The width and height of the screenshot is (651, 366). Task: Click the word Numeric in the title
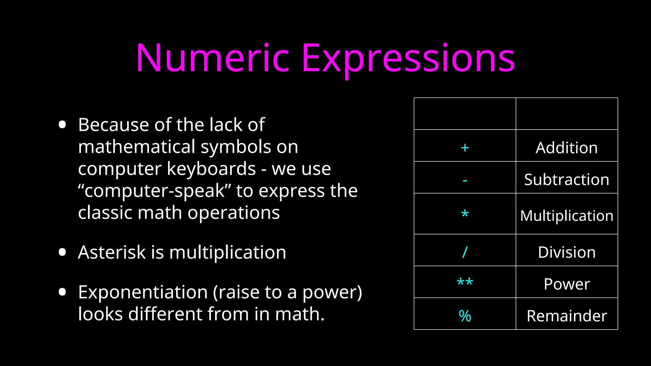point(212,58)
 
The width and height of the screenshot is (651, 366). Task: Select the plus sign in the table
point(465,148)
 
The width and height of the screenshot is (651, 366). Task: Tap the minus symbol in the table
point(465,180)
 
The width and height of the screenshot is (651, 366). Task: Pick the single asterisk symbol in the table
point(465,214)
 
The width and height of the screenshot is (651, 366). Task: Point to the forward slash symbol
point(465,252)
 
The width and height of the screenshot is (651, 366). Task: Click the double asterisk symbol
point(465,282)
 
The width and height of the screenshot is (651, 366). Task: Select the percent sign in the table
point(465,316)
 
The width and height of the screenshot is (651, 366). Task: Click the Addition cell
point(566,148)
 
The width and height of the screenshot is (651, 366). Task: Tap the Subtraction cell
point(566,180)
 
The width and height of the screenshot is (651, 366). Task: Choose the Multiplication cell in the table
point(566,216)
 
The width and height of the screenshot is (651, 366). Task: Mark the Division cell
point(566,252)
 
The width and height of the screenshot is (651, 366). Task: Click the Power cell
point(566,284)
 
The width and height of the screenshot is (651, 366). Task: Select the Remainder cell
point(566,316)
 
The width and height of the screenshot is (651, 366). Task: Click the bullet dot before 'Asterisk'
point(62,252)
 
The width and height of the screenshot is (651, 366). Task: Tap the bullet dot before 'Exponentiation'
point(62,292)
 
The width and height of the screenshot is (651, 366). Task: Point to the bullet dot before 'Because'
point(62,125)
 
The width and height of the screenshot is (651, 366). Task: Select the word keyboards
point(211,168)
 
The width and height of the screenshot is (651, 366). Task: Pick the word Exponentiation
point(143,292)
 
